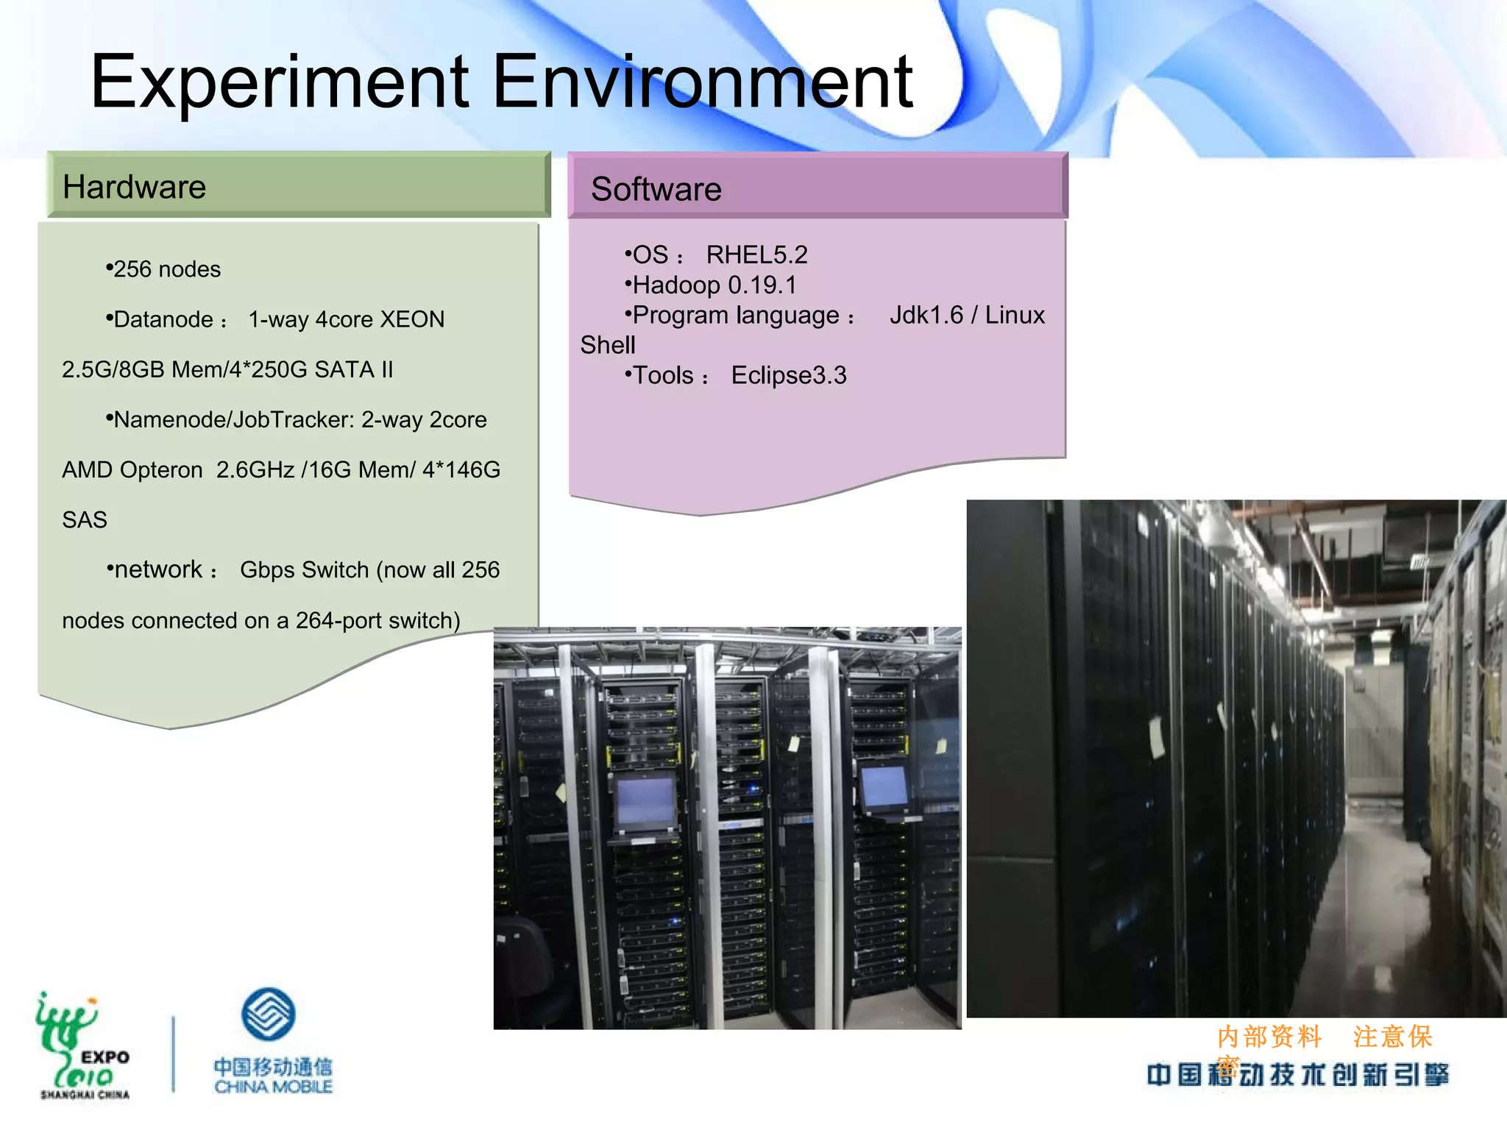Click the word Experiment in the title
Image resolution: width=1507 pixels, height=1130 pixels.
point(280,82)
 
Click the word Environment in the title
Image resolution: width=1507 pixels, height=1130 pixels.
point(703,82)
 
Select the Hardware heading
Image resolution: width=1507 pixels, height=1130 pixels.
point(135,187)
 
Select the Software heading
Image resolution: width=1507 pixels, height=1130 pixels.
point(656,189)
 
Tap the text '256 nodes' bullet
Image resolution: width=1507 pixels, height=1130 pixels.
point(166,269)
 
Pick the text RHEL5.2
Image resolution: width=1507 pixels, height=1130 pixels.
point(756,255)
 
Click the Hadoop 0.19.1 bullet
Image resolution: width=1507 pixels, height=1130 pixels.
point(714,285)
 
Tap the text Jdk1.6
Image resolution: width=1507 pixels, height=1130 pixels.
point(926,315)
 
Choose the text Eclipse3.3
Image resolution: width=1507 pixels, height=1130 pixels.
point(789,375)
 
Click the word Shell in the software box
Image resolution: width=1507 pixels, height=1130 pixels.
point(608,345)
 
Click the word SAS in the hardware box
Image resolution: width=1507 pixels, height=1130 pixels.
point(85,520)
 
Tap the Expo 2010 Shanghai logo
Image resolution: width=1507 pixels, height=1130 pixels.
point(83,1045)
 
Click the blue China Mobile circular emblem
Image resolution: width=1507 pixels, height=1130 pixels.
point(269,1014)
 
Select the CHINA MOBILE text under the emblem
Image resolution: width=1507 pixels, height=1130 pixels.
point(273,1087)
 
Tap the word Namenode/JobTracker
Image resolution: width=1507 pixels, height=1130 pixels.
point(234,419)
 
